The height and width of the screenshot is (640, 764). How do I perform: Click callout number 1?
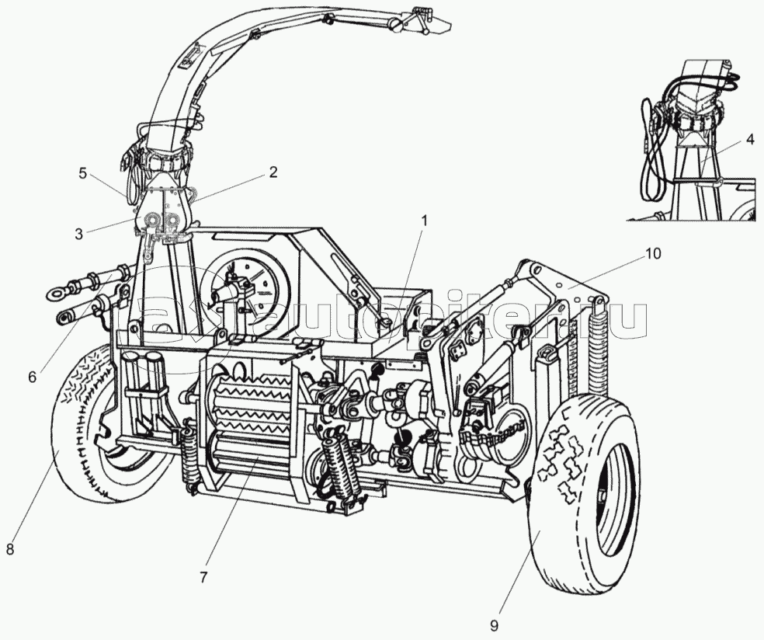pyautogui.click(x=424, y=221)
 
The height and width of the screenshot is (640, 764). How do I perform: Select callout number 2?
pyautogui.click(x=273, y=172)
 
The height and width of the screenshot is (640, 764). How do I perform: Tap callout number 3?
pyautogui.click(x=79, y=233)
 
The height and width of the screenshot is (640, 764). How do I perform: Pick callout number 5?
pyautogui.click(x=83, y=173)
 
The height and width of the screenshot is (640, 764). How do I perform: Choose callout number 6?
pyautogui.click(x=32, y=376)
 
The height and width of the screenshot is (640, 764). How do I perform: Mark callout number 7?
pyautogui.click(x=203, y=577)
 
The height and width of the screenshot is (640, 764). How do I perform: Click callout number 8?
pyautogui.click(x=10, y=549)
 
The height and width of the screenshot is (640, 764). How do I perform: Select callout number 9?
pyautogui.click(x=494, y=624)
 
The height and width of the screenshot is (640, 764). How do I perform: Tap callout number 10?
pyautogui.click(x=654, y=253)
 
